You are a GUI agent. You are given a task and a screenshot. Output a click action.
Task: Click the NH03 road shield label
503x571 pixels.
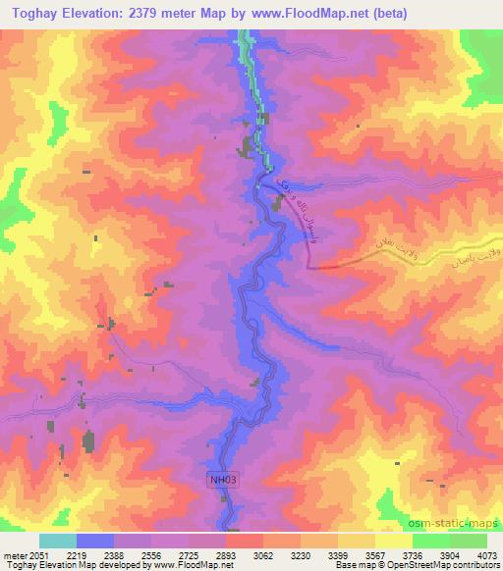221,480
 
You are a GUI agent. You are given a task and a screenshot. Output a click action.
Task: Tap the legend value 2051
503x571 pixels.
36,555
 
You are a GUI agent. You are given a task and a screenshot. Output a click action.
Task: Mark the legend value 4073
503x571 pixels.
484,555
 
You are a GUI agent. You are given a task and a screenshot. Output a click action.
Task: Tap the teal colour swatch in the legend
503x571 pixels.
58,541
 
